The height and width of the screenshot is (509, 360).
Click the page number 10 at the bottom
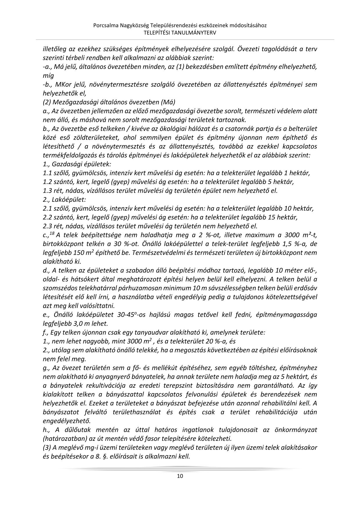(180, 476)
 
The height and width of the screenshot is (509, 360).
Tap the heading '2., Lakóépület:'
(64, 200)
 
